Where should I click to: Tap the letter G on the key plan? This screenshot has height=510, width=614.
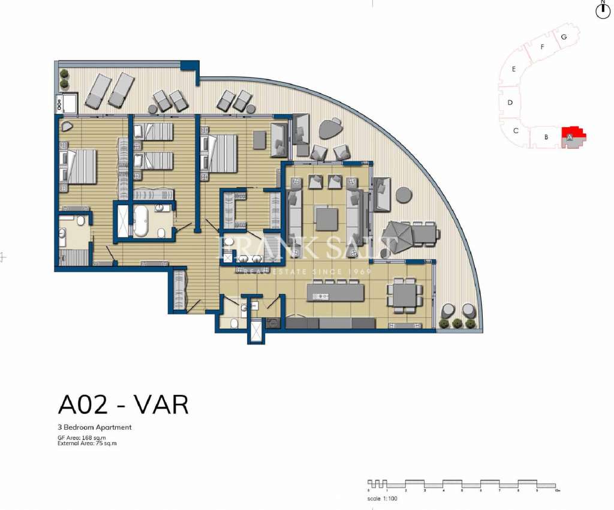(564, 37)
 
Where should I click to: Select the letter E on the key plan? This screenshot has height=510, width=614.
(514, 69)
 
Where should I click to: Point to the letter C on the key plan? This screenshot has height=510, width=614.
(516, 130)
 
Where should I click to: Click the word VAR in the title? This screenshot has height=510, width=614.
(161, 405)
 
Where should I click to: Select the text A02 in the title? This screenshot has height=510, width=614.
(83, 405)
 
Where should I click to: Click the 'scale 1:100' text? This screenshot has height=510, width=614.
(383, 499)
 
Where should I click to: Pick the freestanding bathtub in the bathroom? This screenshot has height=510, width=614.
(142, 221)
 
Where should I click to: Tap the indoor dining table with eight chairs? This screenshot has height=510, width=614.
(405, 295)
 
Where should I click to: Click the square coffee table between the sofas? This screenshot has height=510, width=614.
(327, 218)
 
